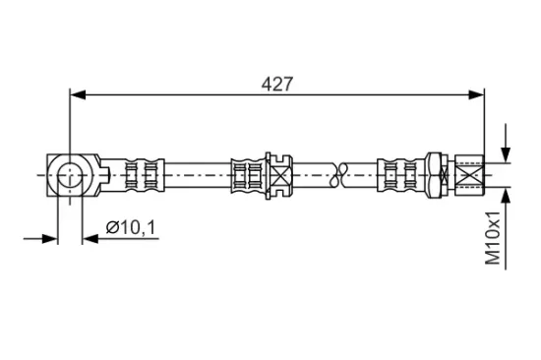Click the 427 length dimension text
[276, 85]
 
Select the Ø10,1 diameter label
[131, 227]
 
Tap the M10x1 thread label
[493, 238]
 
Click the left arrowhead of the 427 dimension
[78, 94]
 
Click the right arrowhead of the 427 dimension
[476, 94]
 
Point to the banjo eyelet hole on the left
[70, 175]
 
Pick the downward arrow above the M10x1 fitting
[506, 143]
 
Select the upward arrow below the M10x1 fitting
[506, 228]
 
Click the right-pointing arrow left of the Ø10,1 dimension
[40, 238]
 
